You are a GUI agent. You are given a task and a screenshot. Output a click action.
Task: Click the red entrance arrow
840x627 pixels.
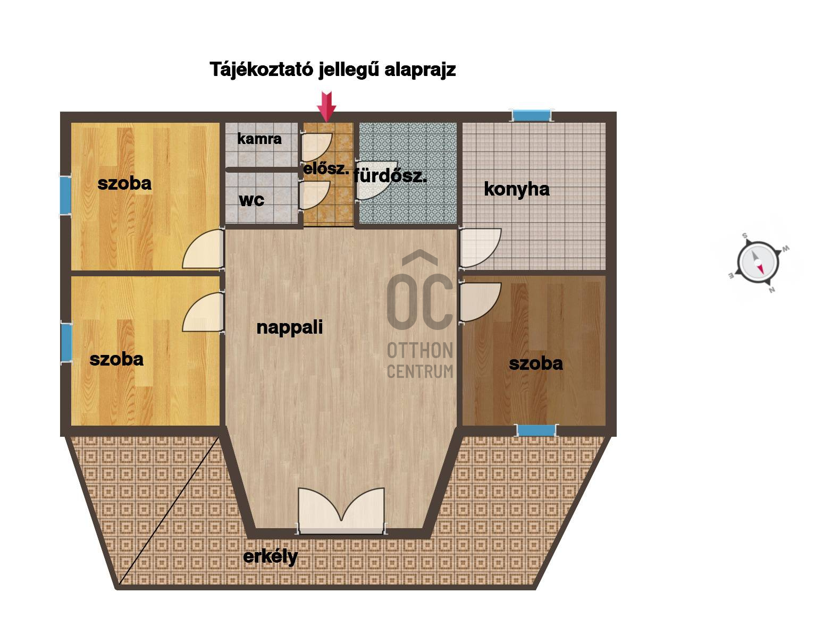pos(326,107)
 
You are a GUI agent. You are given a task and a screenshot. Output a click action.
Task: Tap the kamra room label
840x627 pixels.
pos(259,138)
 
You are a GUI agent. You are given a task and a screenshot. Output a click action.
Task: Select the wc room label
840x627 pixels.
pos(251,200)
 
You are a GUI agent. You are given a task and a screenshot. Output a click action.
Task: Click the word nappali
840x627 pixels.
pos(290,328)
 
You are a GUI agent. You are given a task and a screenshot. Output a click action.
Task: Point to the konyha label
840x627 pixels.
pos(517,189)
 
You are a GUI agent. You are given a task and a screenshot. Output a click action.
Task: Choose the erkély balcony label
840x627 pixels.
pos(270,557)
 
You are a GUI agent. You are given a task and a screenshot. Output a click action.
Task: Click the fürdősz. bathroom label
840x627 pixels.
pos(390,176)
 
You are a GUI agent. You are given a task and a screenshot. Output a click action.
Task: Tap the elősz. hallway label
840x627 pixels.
pos(326,169)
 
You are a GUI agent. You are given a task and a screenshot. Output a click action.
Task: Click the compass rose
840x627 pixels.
pos(758,263)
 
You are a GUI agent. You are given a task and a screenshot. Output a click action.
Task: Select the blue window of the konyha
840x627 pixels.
pos(531,115)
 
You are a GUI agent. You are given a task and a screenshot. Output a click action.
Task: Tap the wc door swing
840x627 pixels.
pos(315,195)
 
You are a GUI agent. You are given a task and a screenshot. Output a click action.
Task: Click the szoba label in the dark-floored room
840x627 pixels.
pos(535,363)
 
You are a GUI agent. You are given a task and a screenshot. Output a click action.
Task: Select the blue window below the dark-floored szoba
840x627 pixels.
pos(536,430)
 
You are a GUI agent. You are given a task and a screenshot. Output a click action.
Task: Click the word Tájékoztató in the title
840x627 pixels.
pos(262,70)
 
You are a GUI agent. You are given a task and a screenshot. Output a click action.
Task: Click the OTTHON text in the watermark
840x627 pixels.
pos(420,351)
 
